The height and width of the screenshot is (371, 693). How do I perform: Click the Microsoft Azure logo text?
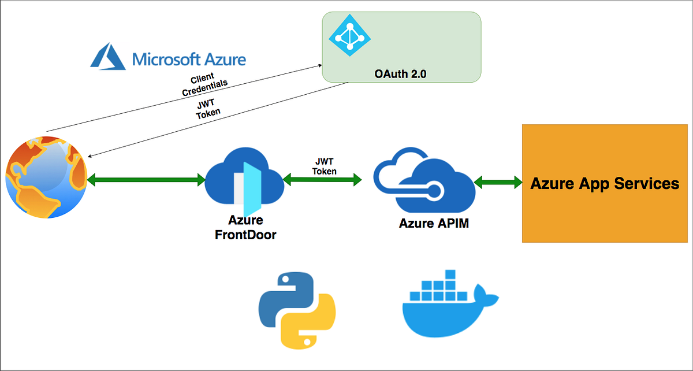pos(189,59)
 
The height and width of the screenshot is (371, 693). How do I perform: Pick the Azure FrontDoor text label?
pos(246,227)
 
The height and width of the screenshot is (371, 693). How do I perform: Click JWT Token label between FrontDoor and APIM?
pos(324,166)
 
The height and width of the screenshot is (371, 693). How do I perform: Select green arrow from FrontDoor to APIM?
pos(322,180)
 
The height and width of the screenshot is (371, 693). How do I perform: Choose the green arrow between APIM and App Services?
pos(497,183)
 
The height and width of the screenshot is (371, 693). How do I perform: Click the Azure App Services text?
pos(605,183)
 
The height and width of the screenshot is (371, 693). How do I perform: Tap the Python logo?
pos(296,310)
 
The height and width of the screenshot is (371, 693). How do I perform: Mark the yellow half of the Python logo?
pos(309,327)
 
